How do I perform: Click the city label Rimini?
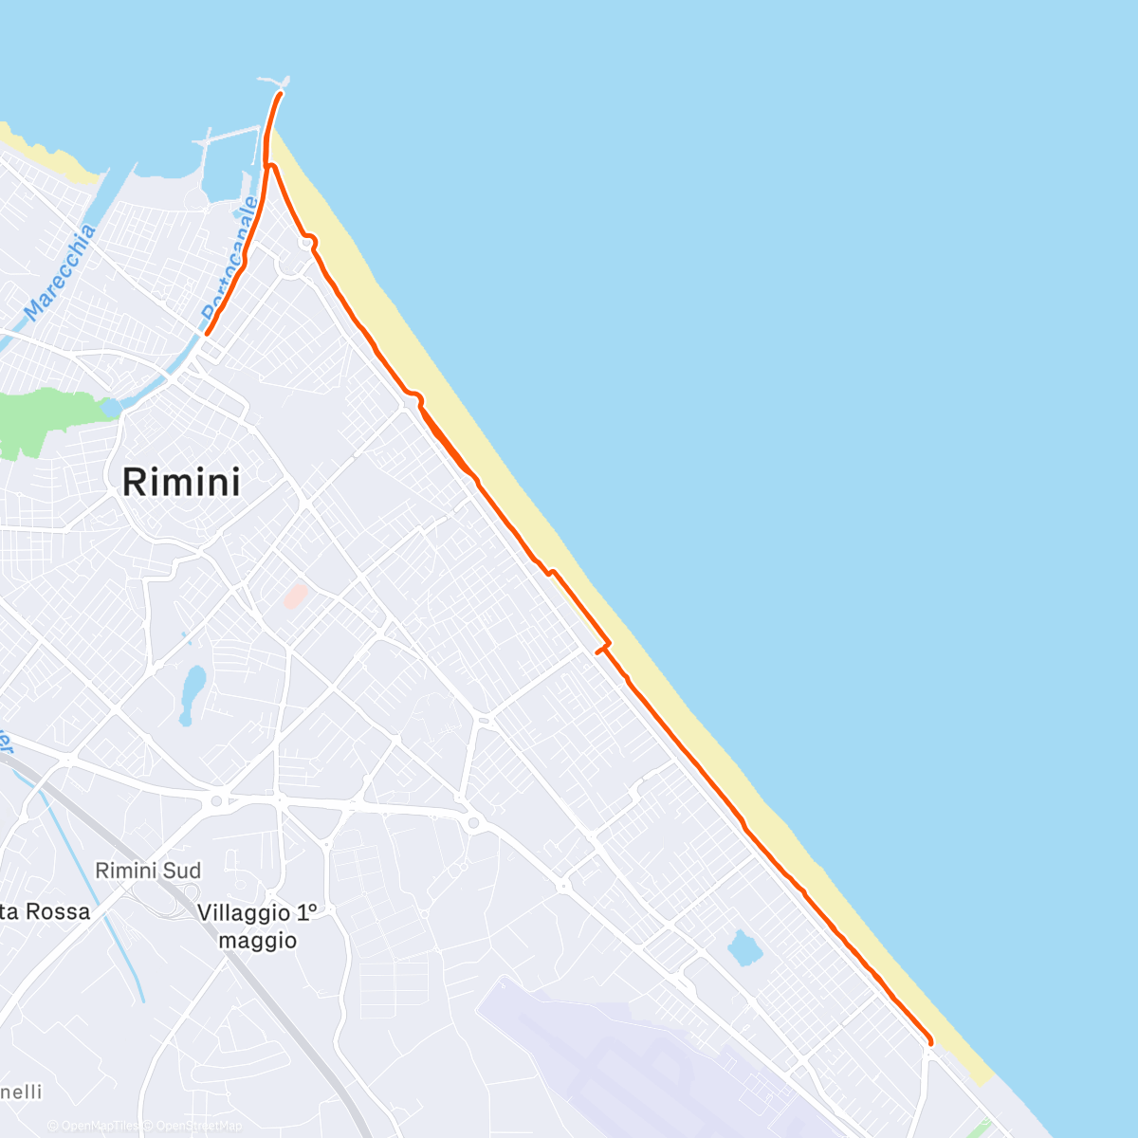(x=181, y=482)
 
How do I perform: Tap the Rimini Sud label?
(x=149, y=871)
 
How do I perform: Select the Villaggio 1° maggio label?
(x=257, y=926)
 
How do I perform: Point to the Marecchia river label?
(x=60, y=272)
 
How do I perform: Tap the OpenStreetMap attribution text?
(x=199, y=1126)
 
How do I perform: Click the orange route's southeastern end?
(x=930, y=1044)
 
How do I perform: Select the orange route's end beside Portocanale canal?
(x=207, y=334)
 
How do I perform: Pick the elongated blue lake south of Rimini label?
(x=193, y=693)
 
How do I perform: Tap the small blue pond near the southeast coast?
(x=743, y=946)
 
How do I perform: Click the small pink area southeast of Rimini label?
(x=296, y=597)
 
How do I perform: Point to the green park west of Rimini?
(x=47, y=417)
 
